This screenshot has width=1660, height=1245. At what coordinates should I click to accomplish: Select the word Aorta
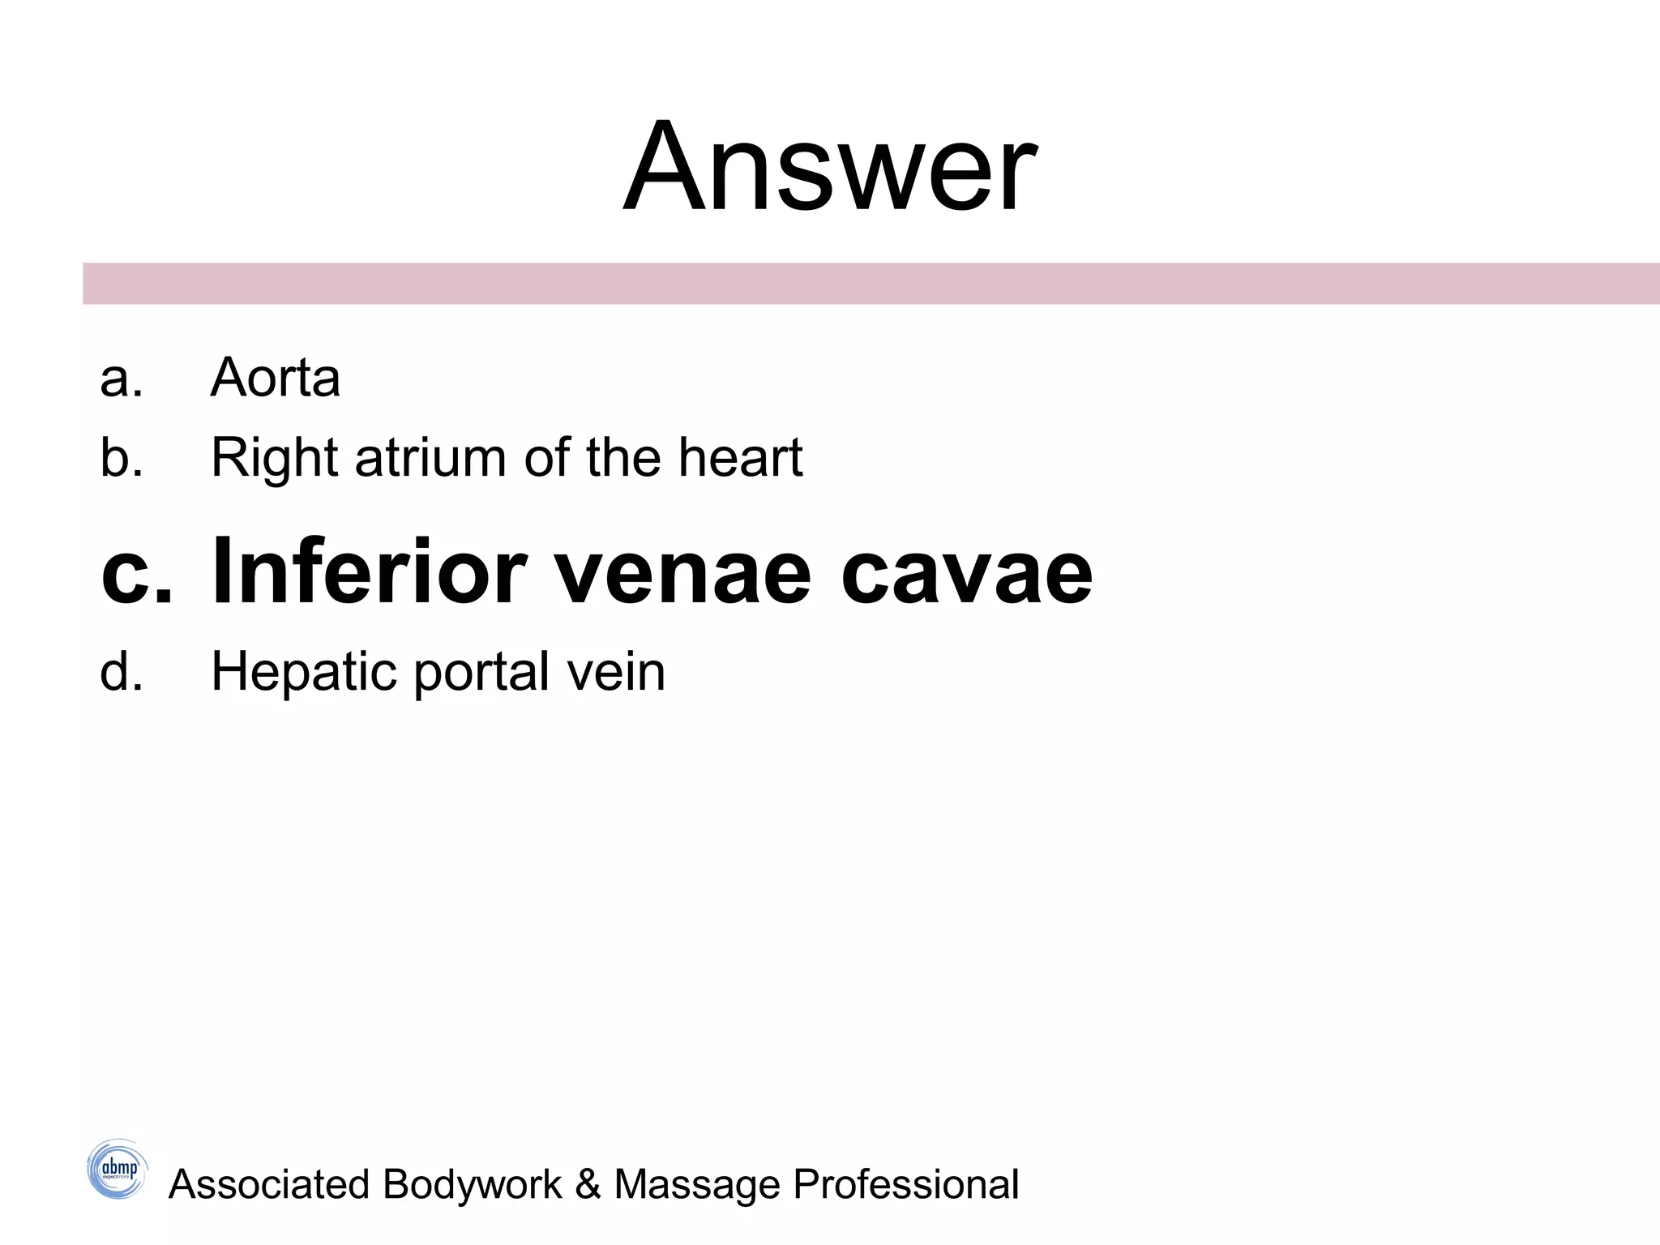275,378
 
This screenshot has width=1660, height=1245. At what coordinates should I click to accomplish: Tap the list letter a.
121,379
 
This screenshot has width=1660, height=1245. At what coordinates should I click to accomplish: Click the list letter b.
122,457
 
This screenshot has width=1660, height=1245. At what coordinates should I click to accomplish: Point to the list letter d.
122,671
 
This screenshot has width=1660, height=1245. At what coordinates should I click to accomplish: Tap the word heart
740,457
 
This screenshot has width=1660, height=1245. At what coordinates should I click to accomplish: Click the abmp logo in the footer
118,1169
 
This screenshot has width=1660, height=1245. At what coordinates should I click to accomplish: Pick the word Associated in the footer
268,1184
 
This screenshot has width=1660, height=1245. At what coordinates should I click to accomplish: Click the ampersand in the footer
588,1184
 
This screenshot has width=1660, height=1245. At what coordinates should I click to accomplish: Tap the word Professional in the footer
905,1184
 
